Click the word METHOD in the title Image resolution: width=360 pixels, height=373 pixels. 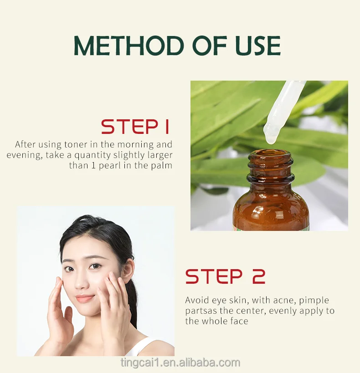(x=129, y=46)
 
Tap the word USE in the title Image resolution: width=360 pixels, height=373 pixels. (x=258, y=46)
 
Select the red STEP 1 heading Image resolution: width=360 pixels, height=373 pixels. (x=135, y=127)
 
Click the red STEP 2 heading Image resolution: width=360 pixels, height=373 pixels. (x=225, y=276)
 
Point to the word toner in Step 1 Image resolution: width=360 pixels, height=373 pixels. (x=76, y=144)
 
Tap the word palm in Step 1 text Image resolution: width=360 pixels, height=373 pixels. (x=162, y=165)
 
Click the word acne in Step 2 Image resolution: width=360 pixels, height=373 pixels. (x=284, y=301)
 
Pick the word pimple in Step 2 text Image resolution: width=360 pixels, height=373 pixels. (x=314, y=301)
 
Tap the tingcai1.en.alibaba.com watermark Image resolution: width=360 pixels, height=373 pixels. (x=180, y=363)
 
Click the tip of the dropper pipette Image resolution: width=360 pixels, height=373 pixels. (x=271, y=142)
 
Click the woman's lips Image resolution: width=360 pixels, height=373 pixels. (x=84, y=298)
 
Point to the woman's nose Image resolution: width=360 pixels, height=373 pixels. (x=81, y=281)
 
